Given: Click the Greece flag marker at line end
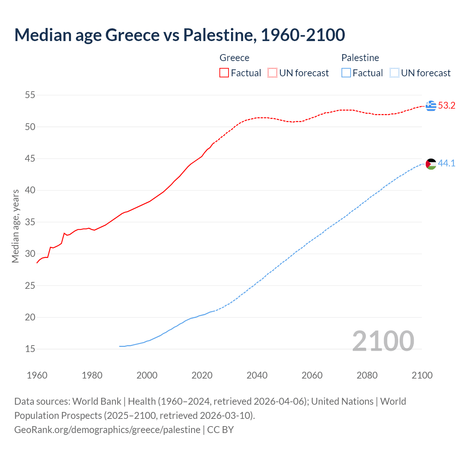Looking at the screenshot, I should tap(431, 106).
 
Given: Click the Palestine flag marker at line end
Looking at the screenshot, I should tap(431, 164).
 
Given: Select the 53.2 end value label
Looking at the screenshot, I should tap(446, 106).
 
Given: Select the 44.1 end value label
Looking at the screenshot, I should tap(446, 163).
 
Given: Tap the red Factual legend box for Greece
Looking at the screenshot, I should tap(224, 73).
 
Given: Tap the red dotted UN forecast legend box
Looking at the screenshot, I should tap(272, 73).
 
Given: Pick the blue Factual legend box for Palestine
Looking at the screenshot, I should tap(346, 73).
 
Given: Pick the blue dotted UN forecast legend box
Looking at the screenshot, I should tap(395, 73).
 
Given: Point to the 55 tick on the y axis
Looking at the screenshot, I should tap(30, 95).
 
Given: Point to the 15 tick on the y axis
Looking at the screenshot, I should tap(30, 349).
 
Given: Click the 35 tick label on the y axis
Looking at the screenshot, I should tap(30, 222).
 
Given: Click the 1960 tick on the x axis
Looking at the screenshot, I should tap(37, 375).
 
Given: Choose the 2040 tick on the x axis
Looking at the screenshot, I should tap(257, 375).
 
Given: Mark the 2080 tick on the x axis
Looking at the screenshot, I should tap(367, 375).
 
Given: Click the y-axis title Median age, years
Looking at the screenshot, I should tap(15, 226).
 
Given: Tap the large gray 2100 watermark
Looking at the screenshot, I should tap(383, 341).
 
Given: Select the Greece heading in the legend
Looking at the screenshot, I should tap(234, 58).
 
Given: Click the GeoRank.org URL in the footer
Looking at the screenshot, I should tap(107, 430).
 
